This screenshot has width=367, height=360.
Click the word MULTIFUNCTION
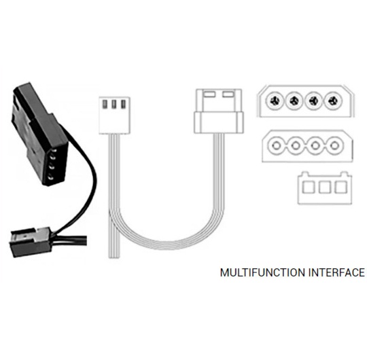[262, 273]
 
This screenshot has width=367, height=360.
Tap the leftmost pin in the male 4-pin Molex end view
[275, 101]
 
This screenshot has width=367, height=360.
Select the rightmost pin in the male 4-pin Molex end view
[333, 101]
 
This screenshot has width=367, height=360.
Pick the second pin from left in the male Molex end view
[294, 101]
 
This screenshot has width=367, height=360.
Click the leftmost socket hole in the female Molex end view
[277, 146]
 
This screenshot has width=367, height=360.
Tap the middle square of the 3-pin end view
[325, 187]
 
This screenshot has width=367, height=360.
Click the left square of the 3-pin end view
[309, 187]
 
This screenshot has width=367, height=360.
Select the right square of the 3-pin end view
[340, 187]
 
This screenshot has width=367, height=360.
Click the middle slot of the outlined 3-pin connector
[114, 105]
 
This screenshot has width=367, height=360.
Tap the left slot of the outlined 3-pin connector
[105, 105]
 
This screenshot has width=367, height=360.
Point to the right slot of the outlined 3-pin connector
[122, 105]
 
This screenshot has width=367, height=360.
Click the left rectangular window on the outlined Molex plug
[209, 94]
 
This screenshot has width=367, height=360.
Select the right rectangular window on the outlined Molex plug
[228, 94]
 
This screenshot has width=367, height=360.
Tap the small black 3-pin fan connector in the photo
[31, 242]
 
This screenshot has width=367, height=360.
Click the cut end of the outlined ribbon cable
[114, 257]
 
